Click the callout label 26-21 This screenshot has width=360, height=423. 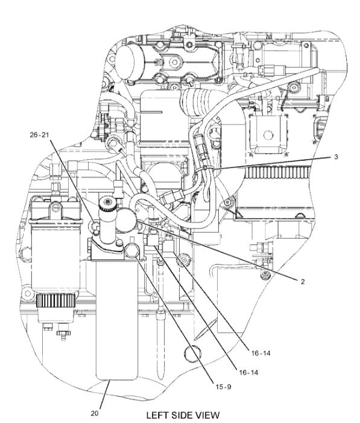click(39, 135)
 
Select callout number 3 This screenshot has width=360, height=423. click(336, 157)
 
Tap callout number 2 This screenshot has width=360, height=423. click(303, 281)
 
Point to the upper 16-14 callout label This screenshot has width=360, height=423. click(261, 353)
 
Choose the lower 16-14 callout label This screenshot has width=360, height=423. click(248, 372)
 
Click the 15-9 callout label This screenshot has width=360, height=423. click(223, 387)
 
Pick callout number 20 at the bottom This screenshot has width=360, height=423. click(95, 413)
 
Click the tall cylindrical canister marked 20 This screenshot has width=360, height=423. click(116, 320)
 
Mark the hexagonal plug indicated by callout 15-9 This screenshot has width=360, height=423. click(131, 249)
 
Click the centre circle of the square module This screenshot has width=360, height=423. click(268, 134)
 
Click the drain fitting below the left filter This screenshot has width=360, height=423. click(63, 333)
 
